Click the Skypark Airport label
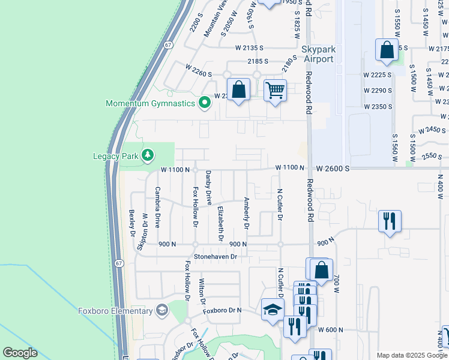(x=318, y=54)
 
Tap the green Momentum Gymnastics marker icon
(x=205, y=103)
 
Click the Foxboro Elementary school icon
(x=161, y=310)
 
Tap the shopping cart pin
(x=275, y=91)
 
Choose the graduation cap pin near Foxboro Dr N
(x=273, y=310)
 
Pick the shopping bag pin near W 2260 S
(x=239, y=90)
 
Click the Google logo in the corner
(x=20, y=353)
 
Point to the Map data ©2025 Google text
(x=411, y=355)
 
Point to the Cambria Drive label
(x=158, y=207)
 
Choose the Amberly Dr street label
(x=246, y=213)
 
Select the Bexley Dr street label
(x=131, y=223)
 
